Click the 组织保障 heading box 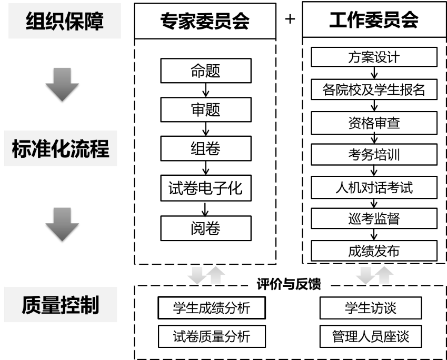coord(65,22)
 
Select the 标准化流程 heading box coord(61,149)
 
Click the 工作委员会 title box coord(374,20)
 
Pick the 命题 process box coord(205,71)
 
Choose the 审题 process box coord(205,109)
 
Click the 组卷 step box coord(205,149)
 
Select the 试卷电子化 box coord(205,188)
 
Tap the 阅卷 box coord(205,228)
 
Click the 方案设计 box coord(374,57)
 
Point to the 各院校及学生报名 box coord(374,89)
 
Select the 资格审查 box coord(374,123)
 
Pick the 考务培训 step coord(374,155)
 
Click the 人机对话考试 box coord(374,187)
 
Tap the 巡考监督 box coord(374,218)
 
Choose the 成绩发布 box coord(374,251)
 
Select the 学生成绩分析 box coord(211,308)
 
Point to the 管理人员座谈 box coord(371,336)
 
